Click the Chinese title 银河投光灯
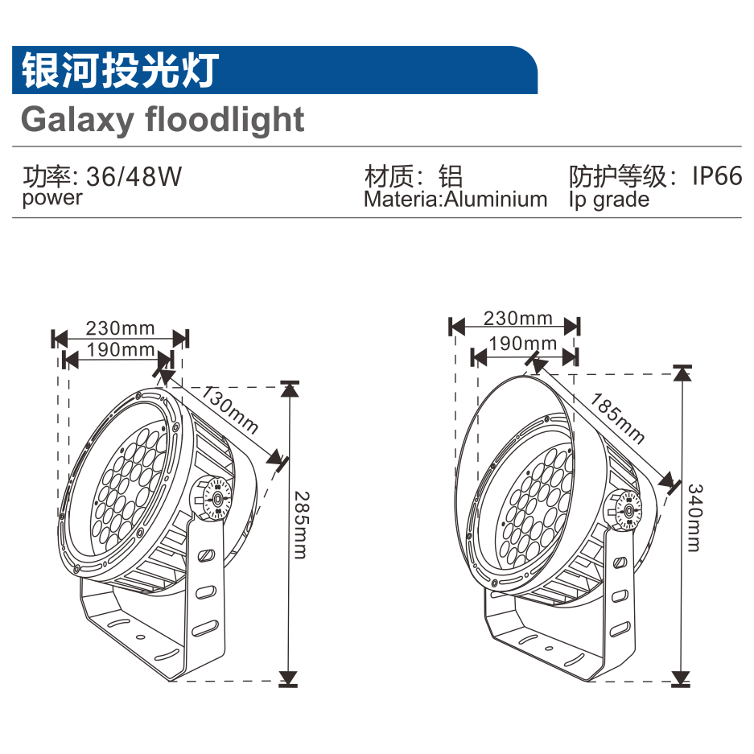click(119, 71)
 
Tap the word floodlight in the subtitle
click(225, 120)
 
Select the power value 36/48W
click(134, 176)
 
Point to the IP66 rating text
click(717, 175)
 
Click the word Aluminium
click(496, 200)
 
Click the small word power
click(52, 198)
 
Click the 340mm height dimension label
click(694, 517)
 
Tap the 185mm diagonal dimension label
click(618, 418)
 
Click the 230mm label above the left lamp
click(120, 328)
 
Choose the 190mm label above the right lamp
click(523, 344)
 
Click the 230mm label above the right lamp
click(517, 319)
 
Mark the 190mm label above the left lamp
click(121, 349)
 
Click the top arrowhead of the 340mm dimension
click(682, 373)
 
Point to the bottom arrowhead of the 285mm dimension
click(288, 677)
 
